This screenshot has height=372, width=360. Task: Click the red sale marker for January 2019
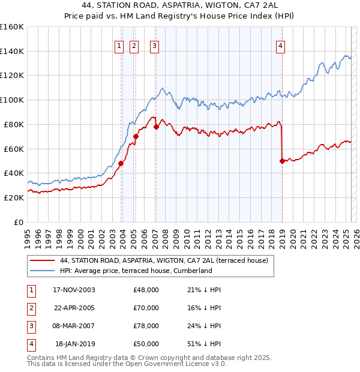[x=282, y=161]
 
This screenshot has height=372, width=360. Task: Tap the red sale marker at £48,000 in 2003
[x=121, y=163]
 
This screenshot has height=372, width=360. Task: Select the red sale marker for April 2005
[x=136, y=136]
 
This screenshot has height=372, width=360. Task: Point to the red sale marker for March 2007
[x=156, y=127]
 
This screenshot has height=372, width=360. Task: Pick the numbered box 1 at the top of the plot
[x=119, y=46]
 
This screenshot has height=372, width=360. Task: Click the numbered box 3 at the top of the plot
[x=154, y=46]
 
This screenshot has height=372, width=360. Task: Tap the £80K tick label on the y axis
[x=12, y=124]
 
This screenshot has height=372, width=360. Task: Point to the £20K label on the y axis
[x=12, y=197]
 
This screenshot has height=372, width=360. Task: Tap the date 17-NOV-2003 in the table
[x=74, y=290]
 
